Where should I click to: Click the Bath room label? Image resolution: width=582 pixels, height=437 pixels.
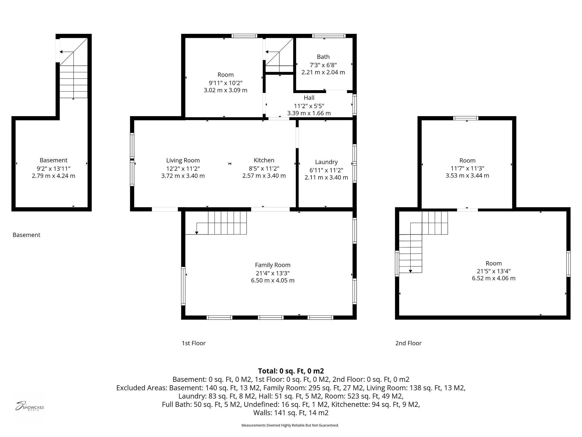point(323,57)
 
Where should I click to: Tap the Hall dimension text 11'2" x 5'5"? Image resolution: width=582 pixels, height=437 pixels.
point(309,106)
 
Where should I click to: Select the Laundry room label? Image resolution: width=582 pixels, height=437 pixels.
point(326,162)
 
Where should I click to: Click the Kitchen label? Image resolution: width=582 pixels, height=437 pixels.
point(264,160)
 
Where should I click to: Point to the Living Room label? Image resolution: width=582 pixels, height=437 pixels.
point(183,160)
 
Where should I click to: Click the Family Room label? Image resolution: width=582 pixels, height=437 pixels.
point(273,265)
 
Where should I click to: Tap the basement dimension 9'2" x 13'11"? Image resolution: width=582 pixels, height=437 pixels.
point(53,168)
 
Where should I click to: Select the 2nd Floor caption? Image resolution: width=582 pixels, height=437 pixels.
point(408,343)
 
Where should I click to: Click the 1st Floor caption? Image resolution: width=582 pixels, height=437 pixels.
point(194,343)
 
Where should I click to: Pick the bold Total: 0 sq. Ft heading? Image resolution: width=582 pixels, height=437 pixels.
point(291,371)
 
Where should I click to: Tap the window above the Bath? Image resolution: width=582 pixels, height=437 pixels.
point(329,36)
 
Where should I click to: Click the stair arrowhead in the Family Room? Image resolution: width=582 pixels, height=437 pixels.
point(197,233)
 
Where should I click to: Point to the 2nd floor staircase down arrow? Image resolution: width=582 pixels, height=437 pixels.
point(410,271)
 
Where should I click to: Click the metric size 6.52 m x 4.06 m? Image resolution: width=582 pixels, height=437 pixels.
point(494,278)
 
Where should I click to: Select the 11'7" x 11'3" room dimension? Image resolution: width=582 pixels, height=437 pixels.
point(467,168)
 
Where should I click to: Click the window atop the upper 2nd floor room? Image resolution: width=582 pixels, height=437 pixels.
point(466,118)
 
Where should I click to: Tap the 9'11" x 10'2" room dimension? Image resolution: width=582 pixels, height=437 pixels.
point(226,83)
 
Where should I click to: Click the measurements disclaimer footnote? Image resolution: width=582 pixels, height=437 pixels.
point(290,425)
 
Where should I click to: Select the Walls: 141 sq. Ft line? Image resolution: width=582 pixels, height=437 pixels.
point(291,413)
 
